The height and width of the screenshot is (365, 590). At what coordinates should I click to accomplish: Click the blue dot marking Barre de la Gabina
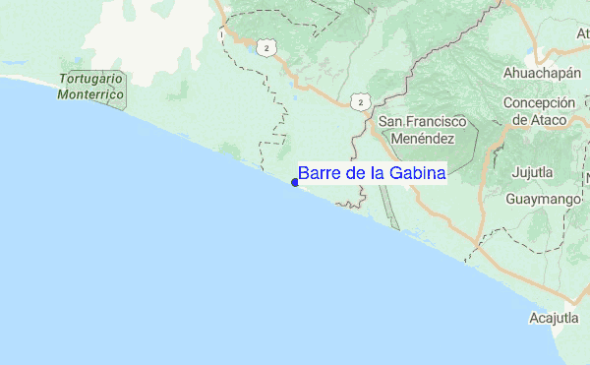pyautogui.click(x=295, y=181)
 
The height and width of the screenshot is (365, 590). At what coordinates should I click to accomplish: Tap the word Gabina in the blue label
pyautogui.click(x=418, y=173)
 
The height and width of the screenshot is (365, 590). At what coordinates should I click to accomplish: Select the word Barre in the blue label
pyautogui.click(x=319, y=173)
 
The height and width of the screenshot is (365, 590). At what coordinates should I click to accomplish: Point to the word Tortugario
pyautogui.click(x=89, y=79)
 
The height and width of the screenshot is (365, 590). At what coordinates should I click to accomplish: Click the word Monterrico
pyautogui.click(x=90, y=94)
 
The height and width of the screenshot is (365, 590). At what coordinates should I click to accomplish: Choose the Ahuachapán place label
pyautogui.click(x=537, y=72)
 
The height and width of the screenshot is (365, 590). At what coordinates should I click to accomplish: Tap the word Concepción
pyautogui.click(x=538, y=103)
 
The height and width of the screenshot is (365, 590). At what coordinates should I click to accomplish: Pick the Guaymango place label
pyautogui.click(x=540, y=199)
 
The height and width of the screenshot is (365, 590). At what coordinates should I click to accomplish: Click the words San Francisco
pyautogui.click(x=423, y=122)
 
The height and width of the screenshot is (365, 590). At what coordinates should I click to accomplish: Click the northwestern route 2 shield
pyautogui.click(x=265, y=46)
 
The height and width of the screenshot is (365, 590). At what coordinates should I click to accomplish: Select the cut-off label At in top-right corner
pyautogui.click(x=581, y=32)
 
